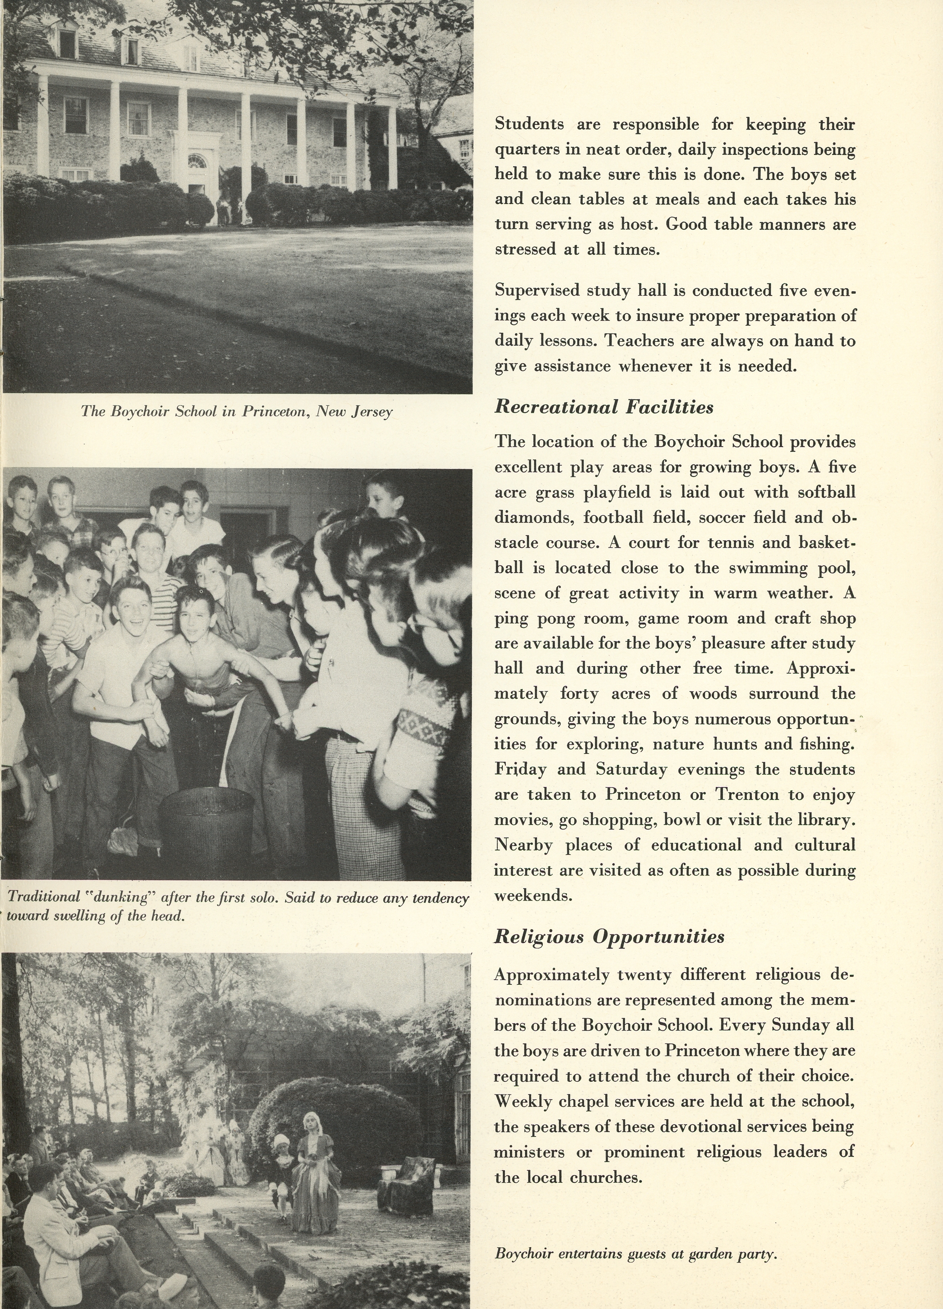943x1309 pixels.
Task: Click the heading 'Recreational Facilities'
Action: (x=604, y=408)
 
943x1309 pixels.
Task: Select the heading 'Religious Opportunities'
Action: (x=609, y=936)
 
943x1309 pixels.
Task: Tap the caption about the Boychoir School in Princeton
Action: (x=237, y=411)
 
